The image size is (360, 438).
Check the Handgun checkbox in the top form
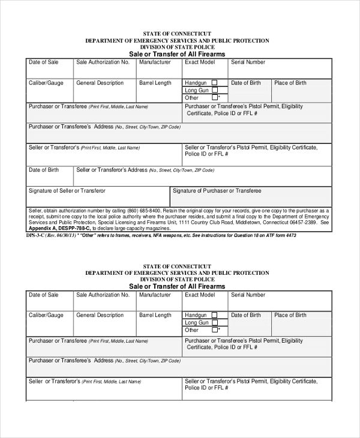click(215, 83)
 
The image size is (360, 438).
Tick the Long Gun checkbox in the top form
click(215, 90)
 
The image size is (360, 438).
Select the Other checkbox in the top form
click(215, 97)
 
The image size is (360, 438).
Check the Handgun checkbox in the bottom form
click(215, 315)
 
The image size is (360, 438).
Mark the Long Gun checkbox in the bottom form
click(215, 322)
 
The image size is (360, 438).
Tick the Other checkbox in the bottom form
click(215, 329)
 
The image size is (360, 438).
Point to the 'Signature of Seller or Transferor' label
click(67, 191)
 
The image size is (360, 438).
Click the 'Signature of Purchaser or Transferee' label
click(217, 191)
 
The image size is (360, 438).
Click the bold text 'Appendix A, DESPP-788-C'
click(59, 229)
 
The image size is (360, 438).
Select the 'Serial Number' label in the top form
click(248, 62)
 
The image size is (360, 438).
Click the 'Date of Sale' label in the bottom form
click(44, 295)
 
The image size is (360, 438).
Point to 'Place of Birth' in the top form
click(290, 83)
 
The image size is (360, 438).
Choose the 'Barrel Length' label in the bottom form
click(155, 315)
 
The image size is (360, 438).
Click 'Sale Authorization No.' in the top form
click(103, 62)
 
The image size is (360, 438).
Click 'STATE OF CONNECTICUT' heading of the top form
click(177, 34)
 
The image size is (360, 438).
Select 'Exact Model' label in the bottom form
click(200, 295)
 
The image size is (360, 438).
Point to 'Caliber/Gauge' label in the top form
click(46, 83)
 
